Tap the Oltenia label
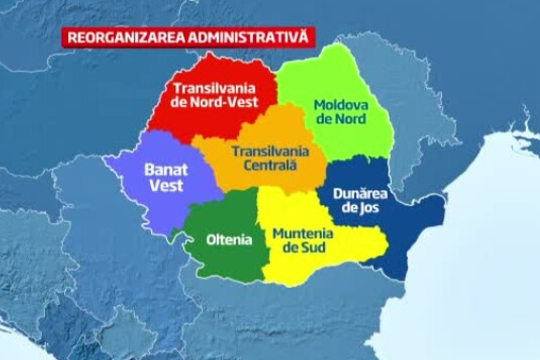tap(228, 240)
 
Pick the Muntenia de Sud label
tap(302, 240)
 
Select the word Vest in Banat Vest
tap(166, 185)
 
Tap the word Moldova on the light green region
tap(341, 103)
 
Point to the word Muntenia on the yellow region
tap(303, 233)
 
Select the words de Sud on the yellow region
tap(302, 248)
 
